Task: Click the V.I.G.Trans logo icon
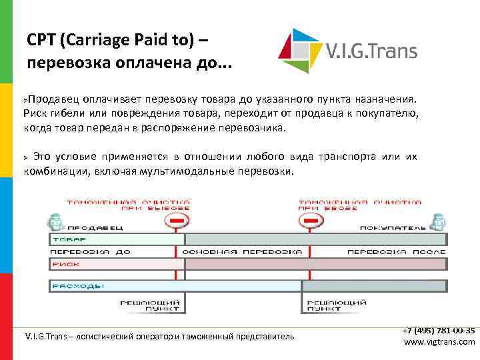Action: [x=299, y=50]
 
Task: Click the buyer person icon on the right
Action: [x=438, y=221]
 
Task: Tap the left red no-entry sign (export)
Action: [x=177, y=219]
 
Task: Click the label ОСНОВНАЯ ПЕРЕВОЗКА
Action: [x=241, y=252]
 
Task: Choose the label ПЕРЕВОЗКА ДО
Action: [x=90, y=252]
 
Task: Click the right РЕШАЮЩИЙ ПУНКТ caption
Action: [x=334, y=305]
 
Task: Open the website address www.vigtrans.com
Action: [x=439, y=342]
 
